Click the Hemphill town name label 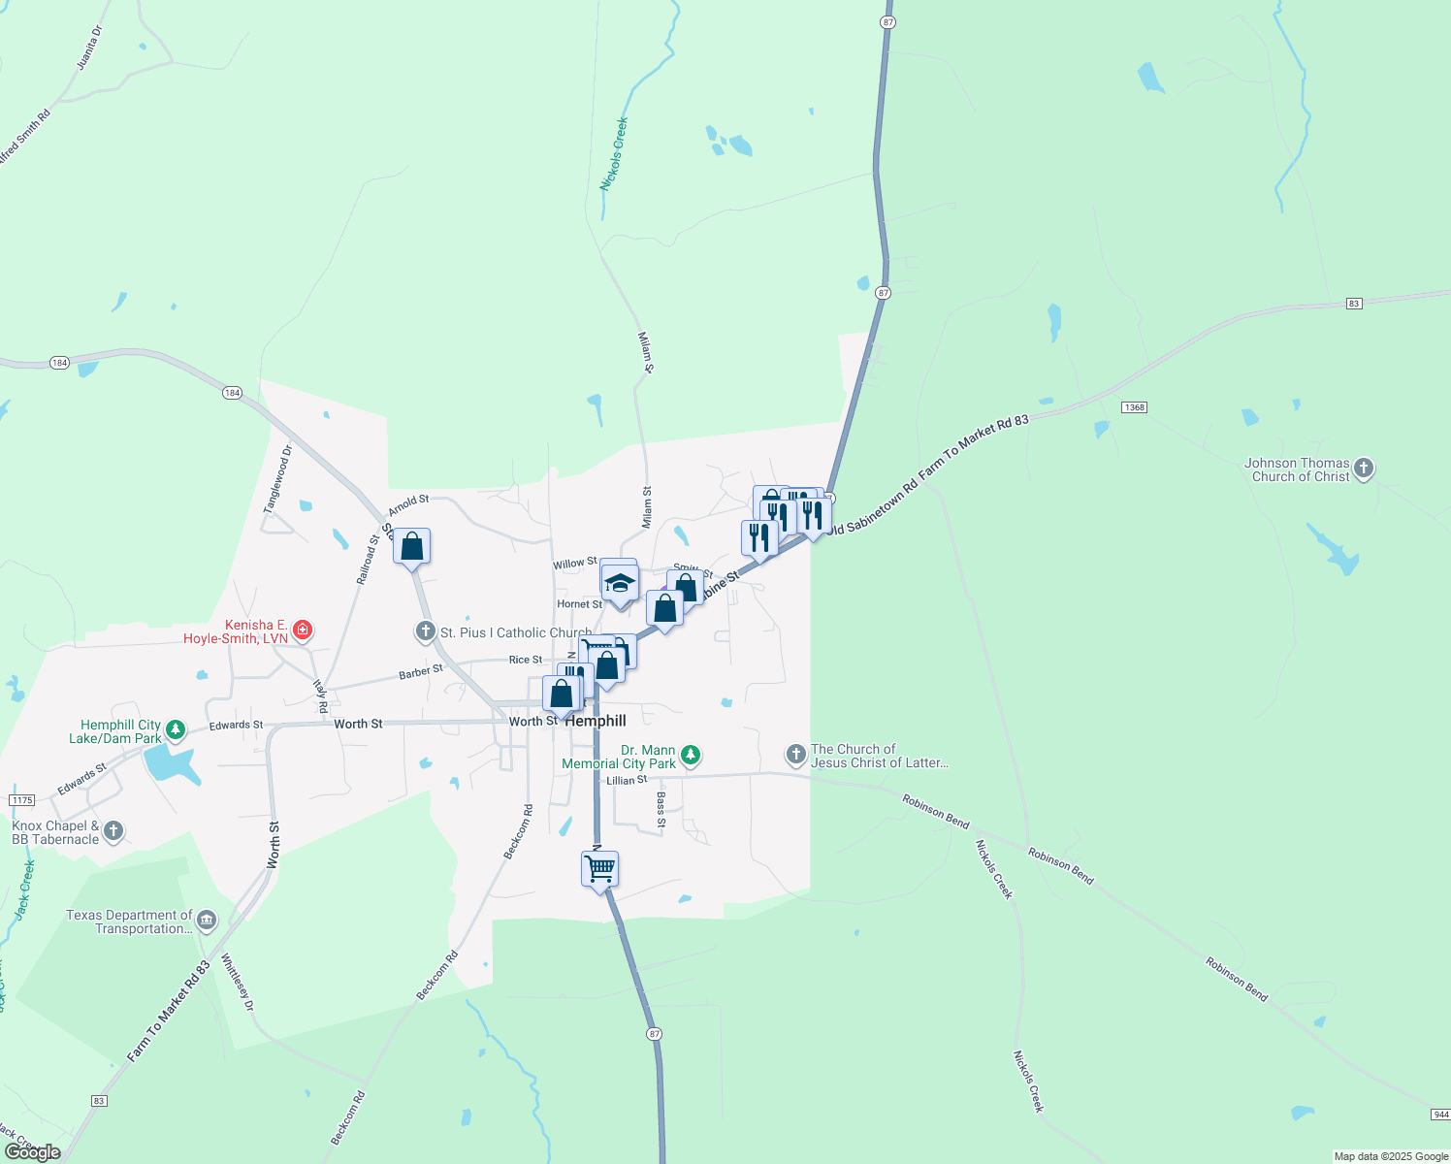tap(596, 721)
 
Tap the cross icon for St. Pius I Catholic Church tap(425, 632)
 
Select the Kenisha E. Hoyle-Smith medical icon tap(303, 630)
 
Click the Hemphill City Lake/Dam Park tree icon tap(176, 727)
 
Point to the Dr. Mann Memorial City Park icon tap(690, 754)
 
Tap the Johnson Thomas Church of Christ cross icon tap(1364, 469)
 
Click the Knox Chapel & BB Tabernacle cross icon tap(113, 831)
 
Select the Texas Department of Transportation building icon tap(207, 920)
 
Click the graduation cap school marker tap(620, 584)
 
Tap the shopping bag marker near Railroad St tap(412, 546)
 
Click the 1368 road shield tap(1134, 406)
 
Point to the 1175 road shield tap(21, 800)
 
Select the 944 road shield tap(1440, 1115)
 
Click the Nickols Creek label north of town tap(614, 153)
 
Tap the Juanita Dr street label tap(89, 48)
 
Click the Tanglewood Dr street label tap(277, 479)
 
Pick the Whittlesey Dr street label tap(237, 983)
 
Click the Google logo tap(33, 1151)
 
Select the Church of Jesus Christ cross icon tap(795, 754)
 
